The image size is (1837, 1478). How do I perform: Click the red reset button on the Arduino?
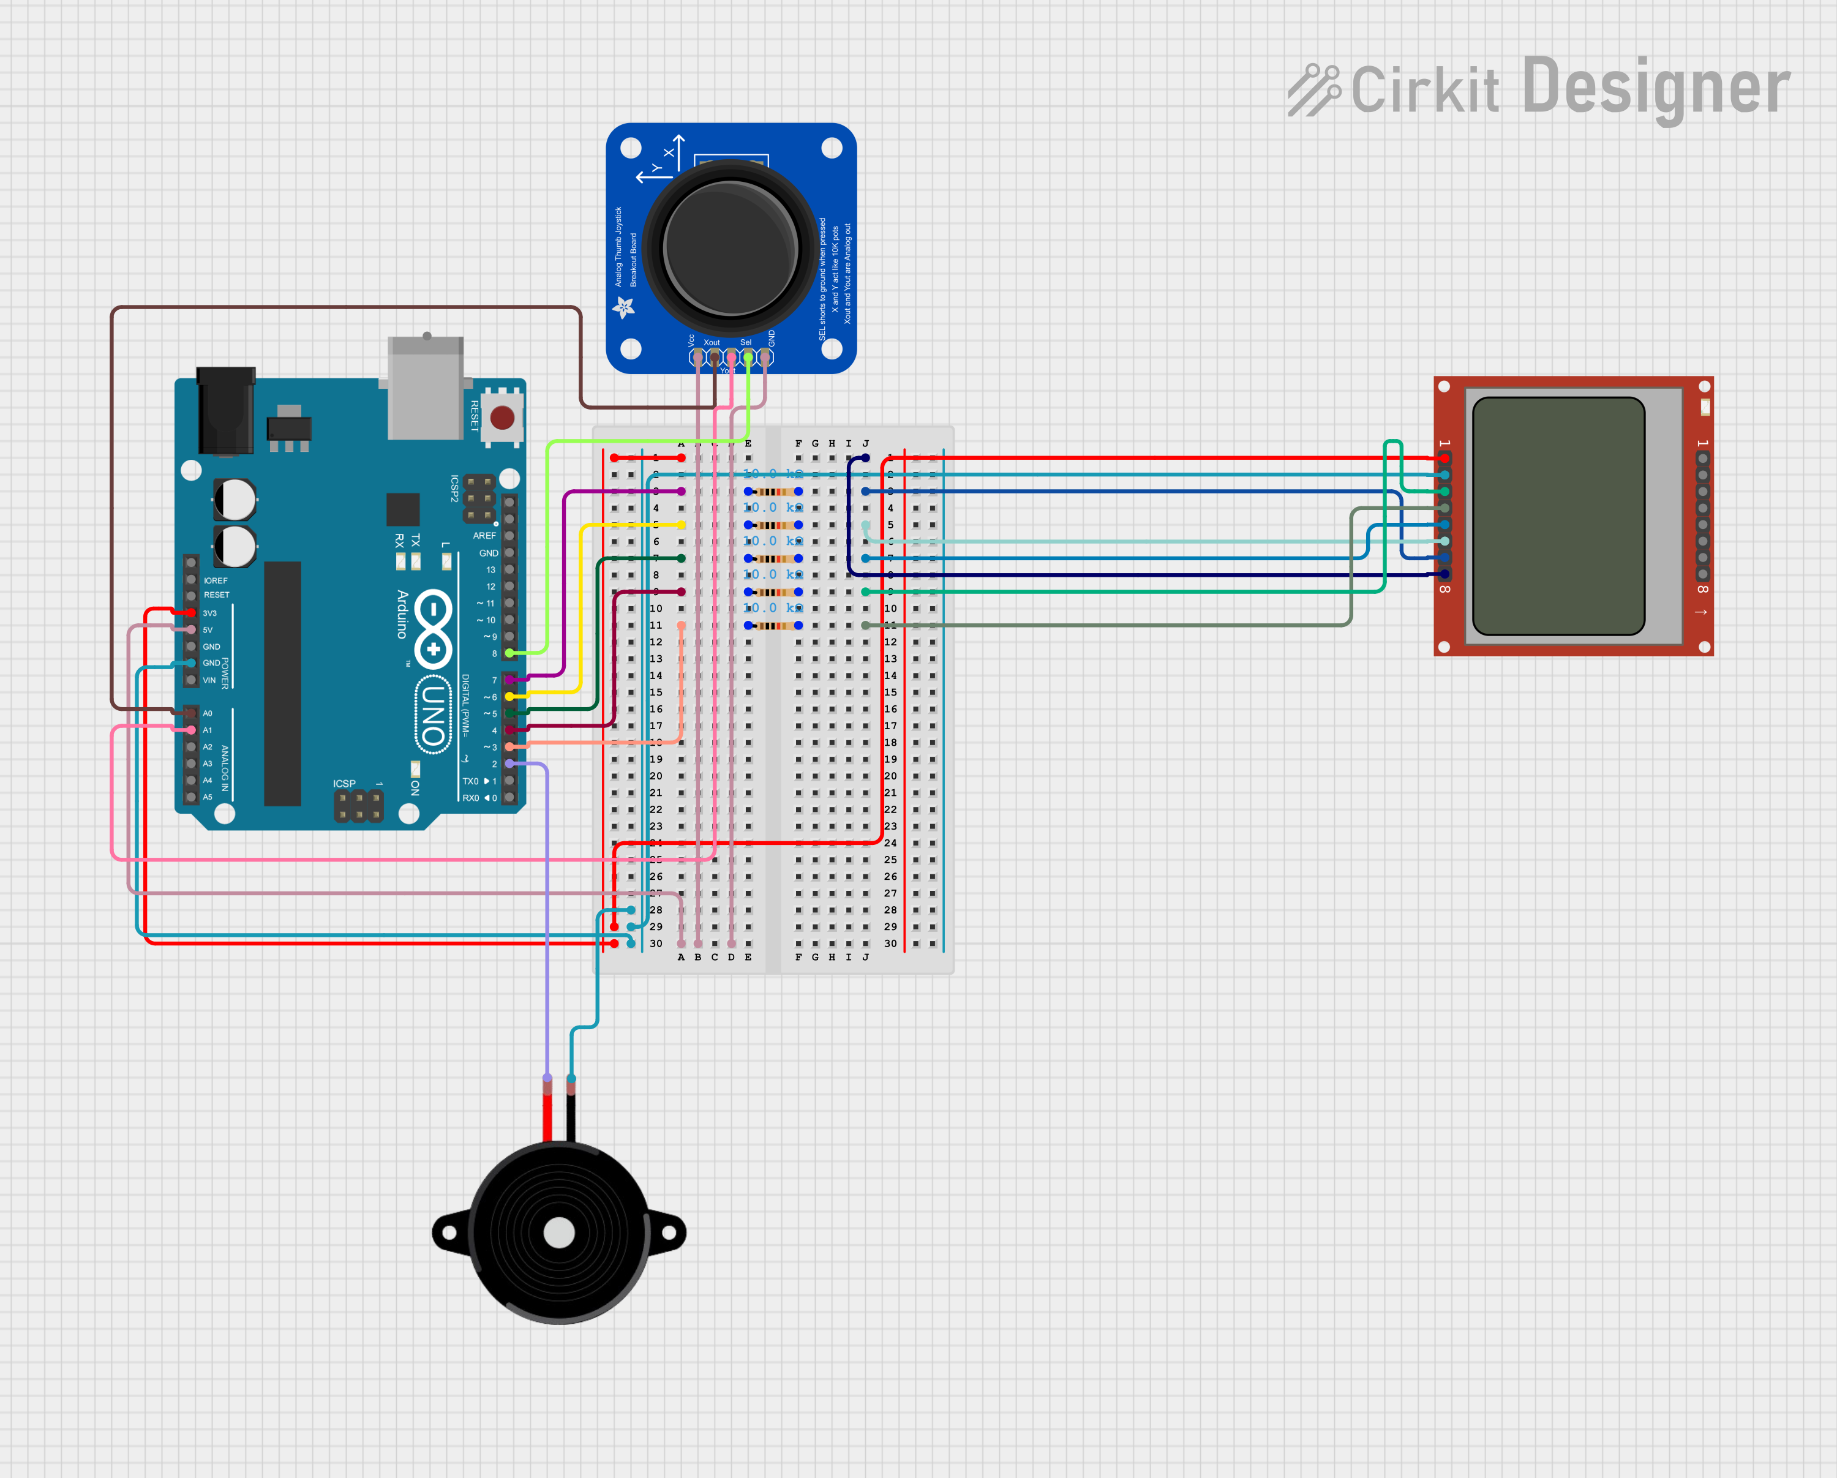tap(502, 418)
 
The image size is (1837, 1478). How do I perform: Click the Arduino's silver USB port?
tap(425, 388)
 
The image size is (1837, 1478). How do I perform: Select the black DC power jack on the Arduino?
tap(226, 411)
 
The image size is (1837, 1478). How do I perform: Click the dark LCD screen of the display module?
tap(1558, 516)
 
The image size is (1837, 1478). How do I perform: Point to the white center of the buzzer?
tap(559, 1232)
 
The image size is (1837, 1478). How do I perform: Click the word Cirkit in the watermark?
tap(1425, 89)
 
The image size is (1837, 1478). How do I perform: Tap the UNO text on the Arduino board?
tap(433, 714)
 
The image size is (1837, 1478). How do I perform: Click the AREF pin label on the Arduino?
tap(484, 536)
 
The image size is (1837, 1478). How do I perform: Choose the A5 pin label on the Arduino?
tap(207, 797)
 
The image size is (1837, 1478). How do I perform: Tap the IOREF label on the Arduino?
tap(216, 581)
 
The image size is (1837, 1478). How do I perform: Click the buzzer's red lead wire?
tap(547, 1116)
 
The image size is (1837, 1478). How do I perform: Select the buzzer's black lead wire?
tap(571, 1116)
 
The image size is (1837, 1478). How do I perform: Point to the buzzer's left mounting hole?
tap(449, 1232)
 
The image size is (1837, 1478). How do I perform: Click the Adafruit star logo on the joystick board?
tap(624, 307)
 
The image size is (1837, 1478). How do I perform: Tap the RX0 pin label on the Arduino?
tap(470, 798)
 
